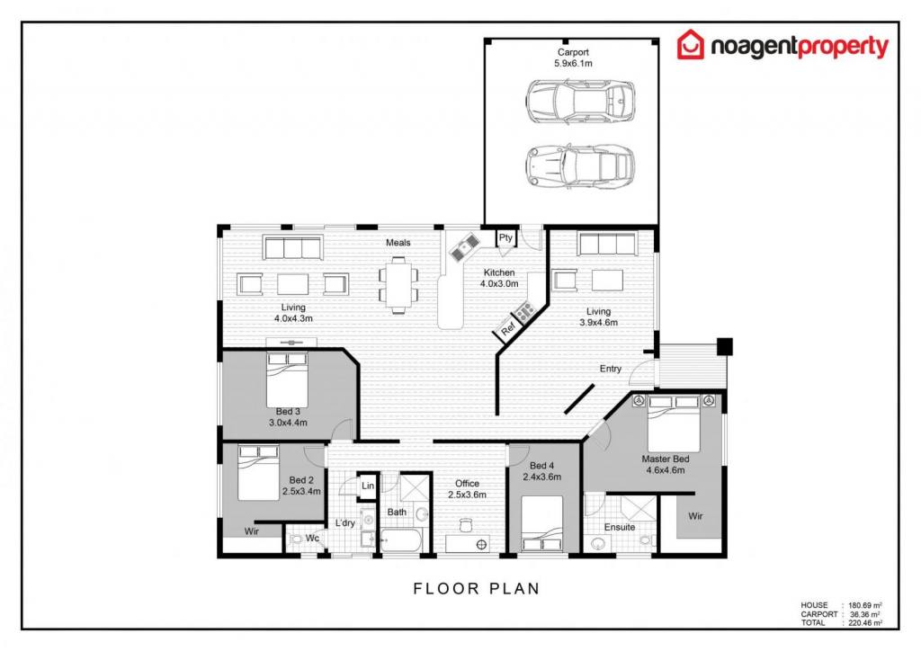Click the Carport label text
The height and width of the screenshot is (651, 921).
pos(573,52)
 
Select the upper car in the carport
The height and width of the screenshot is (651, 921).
pos(580,101)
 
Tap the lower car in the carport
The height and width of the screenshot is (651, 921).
pos(580,167)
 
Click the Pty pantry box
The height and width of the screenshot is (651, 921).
pos(505,237)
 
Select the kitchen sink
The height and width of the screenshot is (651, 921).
pos(465,247)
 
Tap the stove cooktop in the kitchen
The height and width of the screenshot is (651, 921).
pos(524,309)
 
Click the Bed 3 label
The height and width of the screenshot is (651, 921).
pos(288,412)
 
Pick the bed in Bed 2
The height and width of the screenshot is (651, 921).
pos(258,473)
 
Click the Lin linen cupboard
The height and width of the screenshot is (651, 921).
pos(368,486)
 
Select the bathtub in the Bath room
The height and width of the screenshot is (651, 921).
pos(400,540)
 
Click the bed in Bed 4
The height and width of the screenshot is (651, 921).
pos(542,523)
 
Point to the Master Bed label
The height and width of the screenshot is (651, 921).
pos(666,459)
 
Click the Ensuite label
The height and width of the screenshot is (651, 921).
pos(620,527)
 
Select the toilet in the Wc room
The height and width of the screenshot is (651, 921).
pos(295,539)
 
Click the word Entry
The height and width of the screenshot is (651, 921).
pos(611,369)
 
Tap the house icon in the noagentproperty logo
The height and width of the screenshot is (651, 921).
pos(690,45)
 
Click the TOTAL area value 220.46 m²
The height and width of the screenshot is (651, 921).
pos(865,623)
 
